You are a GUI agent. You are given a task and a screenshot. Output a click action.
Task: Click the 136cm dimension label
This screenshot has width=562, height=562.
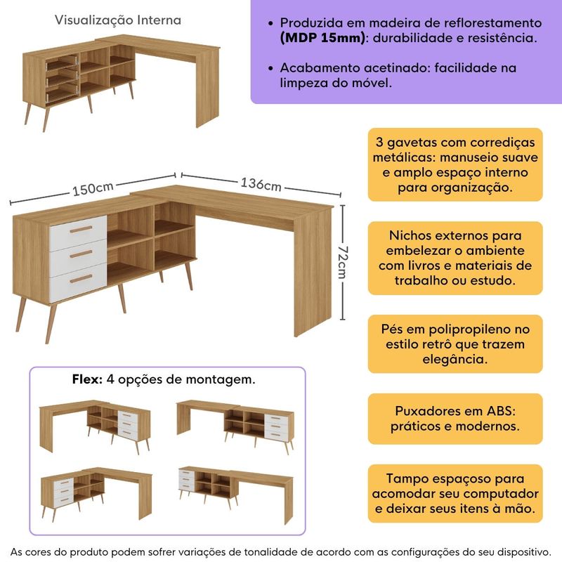pos(261,185)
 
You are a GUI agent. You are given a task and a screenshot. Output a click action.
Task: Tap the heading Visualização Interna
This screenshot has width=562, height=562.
pos(118,20)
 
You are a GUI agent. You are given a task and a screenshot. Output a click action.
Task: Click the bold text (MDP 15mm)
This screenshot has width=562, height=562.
pos(322,39)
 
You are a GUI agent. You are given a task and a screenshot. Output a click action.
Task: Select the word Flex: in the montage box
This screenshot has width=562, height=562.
pos(88,379)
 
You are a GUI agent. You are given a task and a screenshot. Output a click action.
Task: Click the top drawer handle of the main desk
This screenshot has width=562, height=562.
pos(81,230)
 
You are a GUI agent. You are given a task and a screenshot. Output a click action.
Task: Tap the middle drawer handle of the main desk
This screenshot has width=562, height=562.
pos(81,254)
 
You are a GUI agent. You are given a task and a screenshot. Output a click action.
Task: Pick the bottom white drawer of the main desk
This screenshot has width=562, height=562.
pos(77,279)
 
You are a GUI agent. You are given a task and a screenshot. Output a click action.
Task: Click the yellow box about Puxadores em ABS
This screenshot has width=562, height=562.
pos(455,418)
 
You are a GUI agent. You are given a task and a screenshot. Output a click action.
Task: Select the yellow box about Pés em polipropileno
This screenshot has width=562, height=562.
pos(455,344)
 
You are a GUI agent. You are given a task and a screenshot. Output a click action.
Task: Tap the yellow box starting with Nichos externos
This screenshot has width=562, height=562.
pos(455,258)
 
